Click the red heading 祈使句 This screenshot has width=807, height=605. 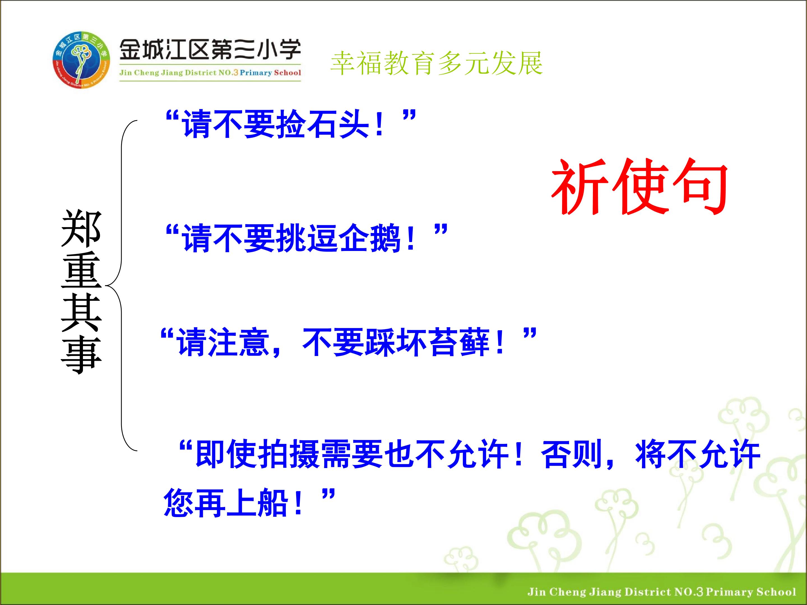tap(639, 187)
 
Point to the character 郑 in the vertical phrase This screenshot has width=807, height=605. tap(81, 228)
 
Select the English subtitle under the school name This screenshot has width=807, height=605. tap(210, 73)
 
